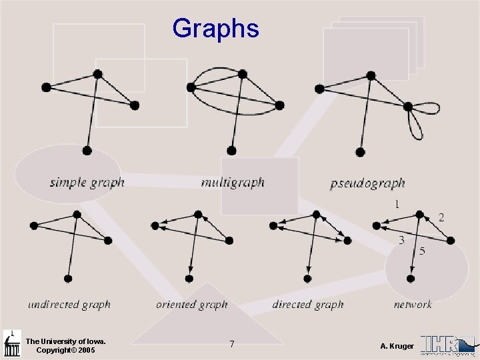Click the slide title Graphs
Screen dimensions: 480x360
pyautogui.click(x=215, y=29)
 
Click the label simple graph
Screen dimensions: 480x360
pyautogui.click(x=87, y=182)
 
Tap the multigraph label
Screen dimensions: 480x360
pyautogui.click(x=233, y=182)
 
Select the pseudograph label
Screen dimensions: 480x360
pyautogui.click(x=367, y=183)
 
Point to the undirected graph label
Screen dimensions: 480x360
pyautogui.click(x=69, y=305)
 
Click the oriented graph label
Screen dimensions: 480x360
pyautogui.click(x=192, y=305)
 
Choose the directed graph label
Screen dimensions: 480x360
pyautogui.click(x=308, y=305)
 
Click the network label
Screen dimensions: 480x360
pyautogui.click(x=413, y=305)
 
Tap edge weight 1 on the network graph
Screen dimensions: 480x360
pyautogui.click(x=397, y=203)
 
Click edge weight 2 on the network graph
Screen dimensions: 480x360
pyautogui.click(x=441, y=217)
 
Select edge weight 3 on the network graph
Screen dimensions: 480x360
pyautogui.click(x=401, y=241)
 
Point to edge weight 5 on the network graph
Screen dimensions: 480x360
pyautogui.click(x=422, y=251)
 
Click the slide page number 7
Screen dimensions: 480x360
pyautogui.click(x=231, y=344)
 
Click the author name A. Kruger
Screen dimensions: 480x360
pyautogui.click(x=397, y=346)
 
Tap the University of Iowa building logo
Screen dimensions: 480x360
pyautogui.click(x=12, y=343)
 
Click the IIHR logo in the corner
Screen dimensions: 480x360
pyautogui.click(x=448, y=345)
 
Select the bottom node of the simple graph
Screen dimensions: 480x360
pyautogui.click(x=87, y=151)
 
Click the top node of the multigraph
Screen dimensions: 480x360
pyautogui.click(x=243, y=73)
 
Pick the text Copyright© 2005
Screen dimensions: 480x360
pyautogui.click(x=65, y=350)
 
